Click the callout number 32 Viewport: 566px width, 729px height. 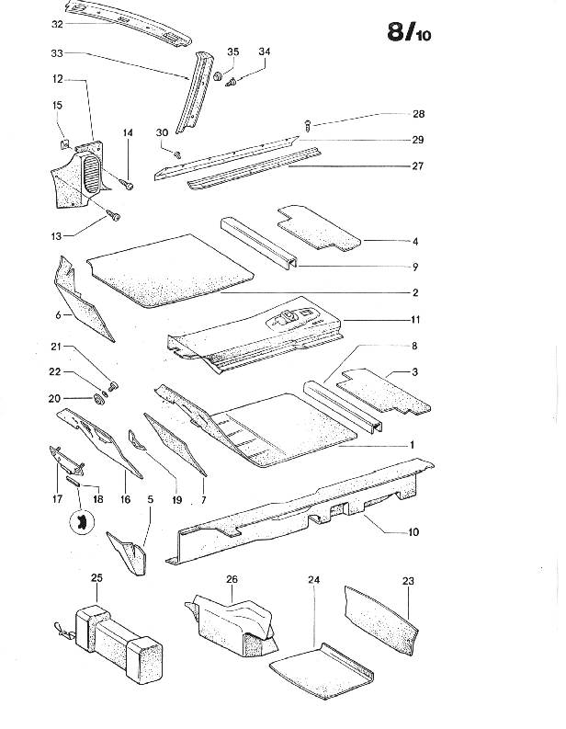57,24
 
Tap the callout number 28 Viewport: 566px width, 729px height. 418,114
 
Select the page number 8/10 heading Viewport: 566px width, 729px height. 409,32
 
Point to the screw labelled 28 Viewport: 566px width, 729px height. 308,124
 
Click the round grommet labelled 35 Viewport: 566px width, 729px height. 218,75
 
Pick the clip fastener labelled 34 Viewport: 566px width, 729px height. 232,83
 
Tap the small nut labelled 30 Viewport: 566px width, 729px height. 177,154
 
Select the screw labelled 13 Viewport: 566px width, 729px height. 114,215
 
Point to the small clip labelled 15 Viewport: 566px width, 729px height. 64,143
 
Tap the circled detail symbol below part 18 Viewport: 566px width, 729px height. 82,521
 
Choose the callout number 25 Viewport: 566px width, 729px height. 96,578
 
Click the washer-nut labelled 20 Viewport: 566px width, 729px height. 98,399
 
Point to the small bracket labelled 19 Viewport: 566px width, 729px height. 136,439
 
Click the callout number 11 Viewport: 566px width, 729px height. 415,319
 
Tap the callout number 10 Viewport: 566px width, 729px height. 413,532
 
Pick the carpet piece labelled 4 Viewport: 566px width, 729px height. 318,228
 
